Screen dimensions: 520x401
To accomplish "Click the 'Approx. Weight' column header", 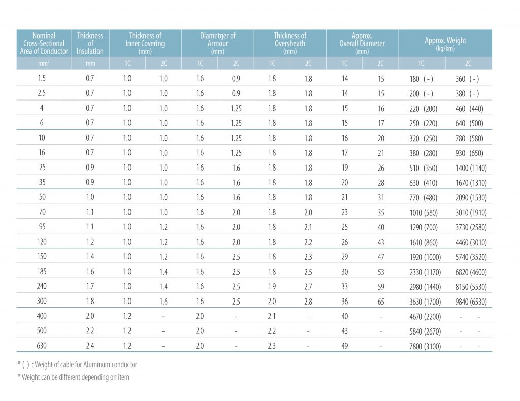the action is pyautogui.click(x=445, y=44).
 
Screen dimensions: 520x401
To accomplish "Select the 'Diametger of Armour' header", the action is pyautogui.click(x=217, y=43).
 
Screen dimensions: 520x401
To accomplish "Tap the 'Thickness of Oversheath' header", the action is pyautogui.click(x=290, y=43).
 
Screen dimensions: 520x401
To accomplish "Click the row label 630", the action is pyautogui.click(x=42, y=346).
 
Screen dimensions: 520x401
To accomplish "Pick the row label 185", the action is pyautogui.click(x=42, y=272).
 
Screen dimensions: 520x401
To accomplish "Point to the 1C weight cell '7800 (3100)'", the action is pyautogui.click(x=425, y=346).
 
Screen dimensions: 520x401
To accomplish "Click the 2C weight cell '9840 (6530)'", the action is pyautogui.click(x=471, y=302).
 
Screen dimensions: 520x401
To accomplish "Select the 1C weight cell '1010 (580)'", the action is pyautogui.click(x=424, y=213).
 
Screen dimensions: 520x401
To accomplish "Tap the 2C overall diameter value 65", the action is pyautogui.click(x=381, y=302).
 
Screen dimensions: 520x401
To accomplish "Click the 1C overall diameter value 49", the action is pyautogui.click(x=345, y=346).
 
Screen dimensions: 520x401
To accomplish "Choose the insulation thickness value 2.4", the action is pyautogui.click(x=90, y=346).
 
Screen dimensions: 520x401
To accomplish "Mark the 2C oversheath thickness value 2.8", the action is pyautogui.click(x=308, y=302).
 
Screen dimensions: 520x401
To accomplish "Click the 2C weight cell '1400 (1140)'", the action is pyautogui.click(x=471, y=168).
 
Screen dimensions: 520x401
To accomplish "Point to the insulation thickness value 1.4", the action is pyautogui.click(x=90, y=256).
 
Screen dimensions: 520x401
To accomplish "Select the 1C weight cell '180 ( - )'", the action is pyautogui.click(x=421, y=79).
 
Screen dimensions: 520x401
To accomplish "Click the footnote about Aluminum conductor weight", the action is pyautogui.click(x=77, y=365).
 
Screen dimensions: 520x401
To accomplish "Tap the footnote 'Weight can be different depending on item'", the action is pyautogui.click(x=73, y=377).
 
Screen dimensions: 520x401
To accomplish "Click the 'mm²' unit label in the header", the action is pyautogui.click(x=44, y=63).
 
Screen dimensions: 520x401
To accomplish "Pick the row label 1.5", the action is pyautogui.click(x=42, y=78).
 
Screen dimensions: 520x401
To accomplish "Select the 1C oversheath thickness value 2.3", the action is pyautogui.click(x=272, y=346).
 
